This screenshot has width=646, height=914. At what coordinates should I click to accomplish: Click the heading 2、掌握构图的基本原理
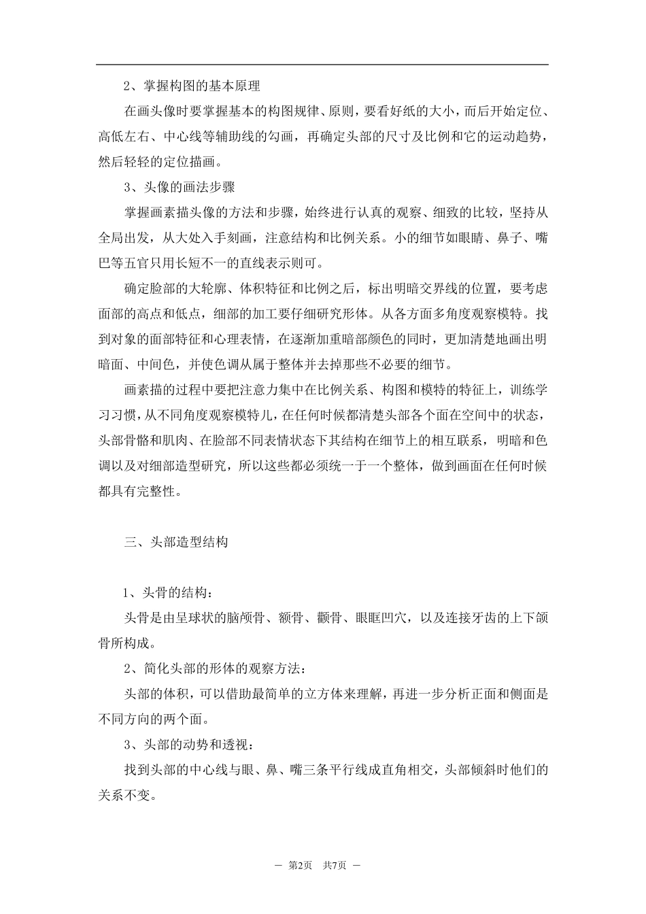click(x=192, y=86)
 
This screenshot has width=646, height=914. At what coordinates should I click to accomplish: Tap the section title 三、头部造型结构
click(x=175, y=542)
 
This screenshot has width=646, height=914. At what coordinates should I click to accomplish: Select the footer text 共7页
click(x=335, y=866)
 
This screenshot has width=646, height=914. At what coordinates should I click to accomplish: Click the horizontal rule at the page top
click(x=322, y=65)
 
